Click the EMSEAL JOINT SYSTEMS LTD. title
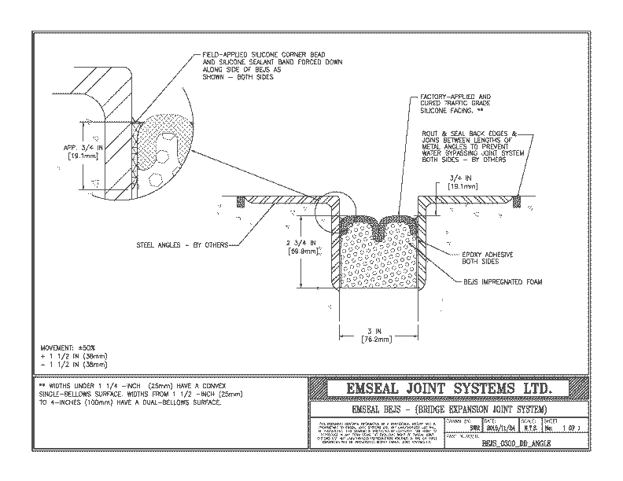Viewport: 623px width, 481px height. coord(448,389)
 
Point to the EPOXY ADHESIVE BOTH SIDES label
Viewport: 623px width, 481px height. coord(492,259)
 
